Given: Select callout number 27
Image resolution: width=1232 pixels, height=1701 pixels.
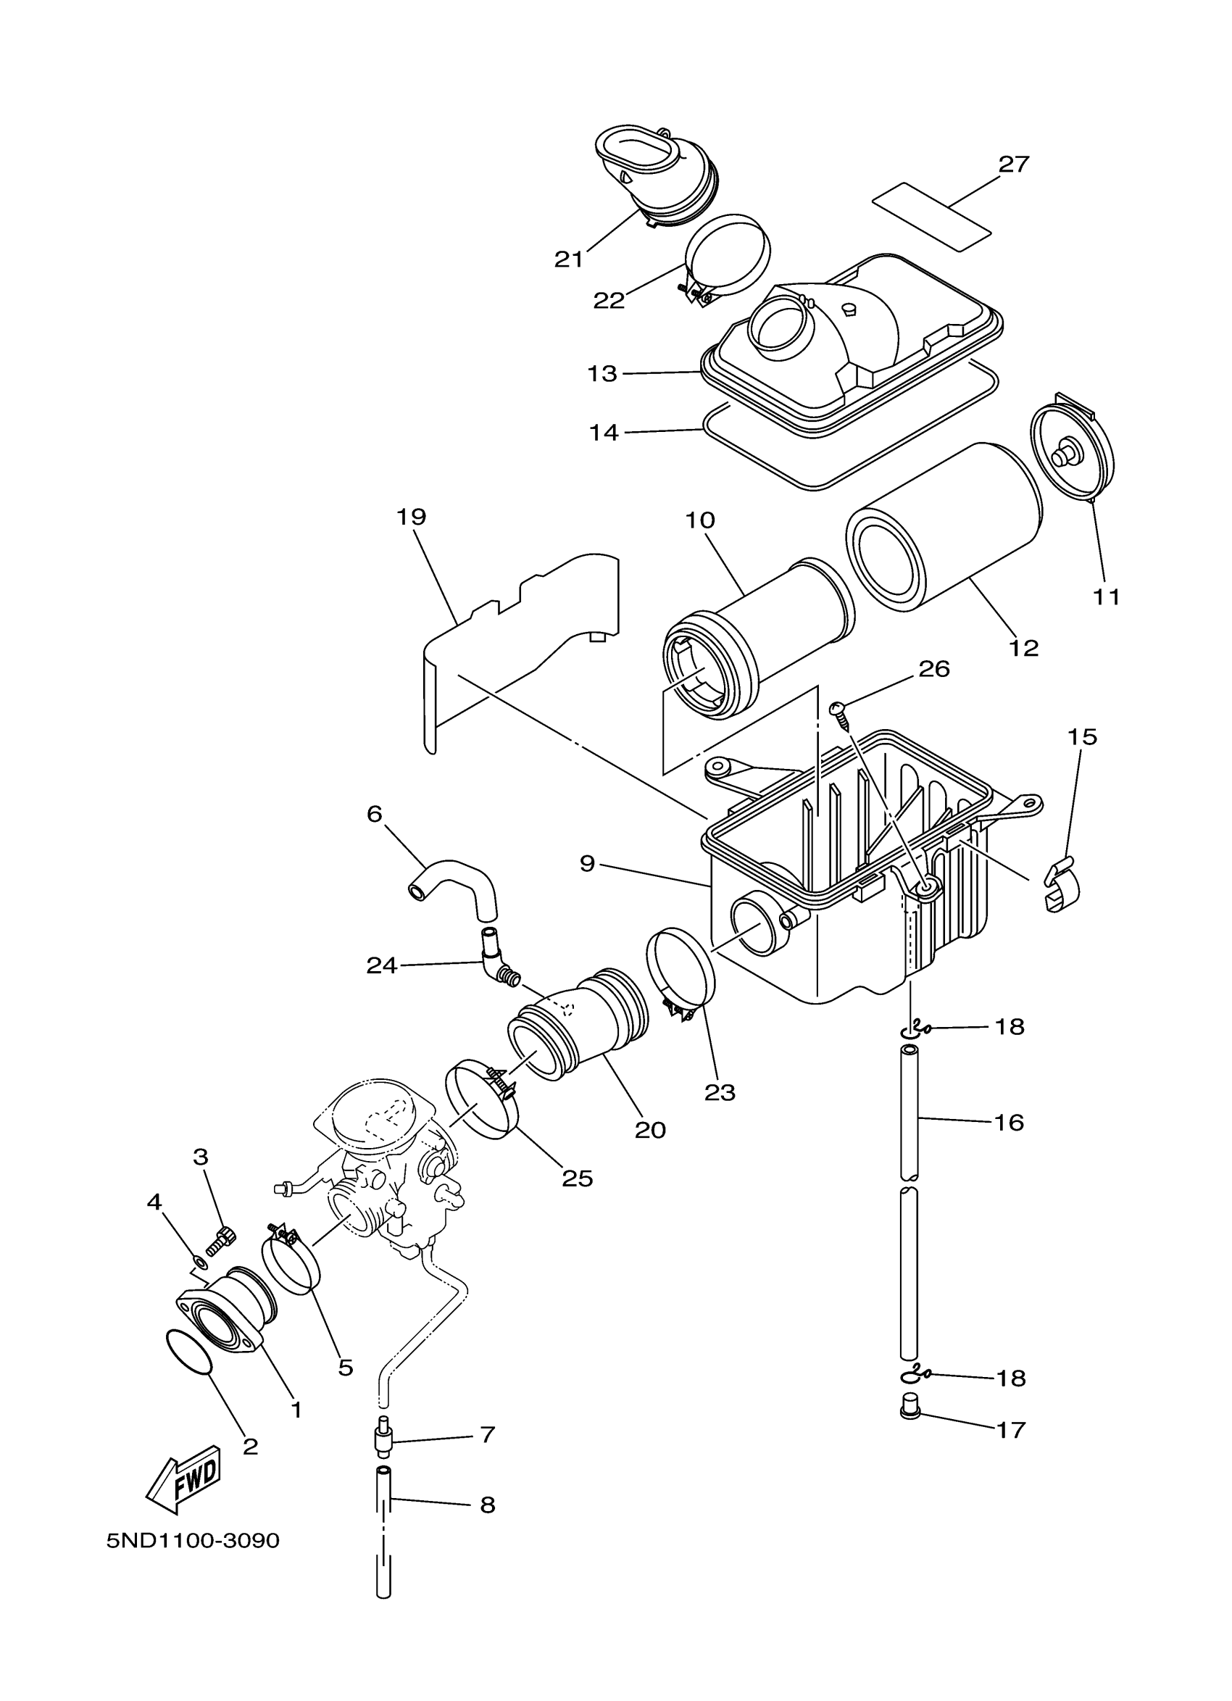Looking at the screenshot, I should tap(1013, 165).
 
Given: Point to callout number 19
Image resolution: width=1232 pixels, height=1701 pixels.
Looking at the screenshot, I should tap(411, 517).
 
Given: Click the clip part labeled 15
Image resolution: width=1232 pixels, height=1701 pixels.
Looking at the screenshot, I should tap(1062, 887).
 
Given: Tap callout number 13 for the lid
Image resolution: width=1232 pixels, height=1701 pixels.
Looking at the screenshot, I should tap(602, 373).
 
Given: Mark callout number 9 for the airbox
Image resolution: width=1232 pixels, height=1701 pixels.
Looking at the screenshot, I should tap(587, 864).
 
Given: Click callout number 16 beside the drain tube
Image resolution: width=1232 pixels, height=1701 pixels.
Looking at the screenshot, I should tap(1009, 1144).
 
